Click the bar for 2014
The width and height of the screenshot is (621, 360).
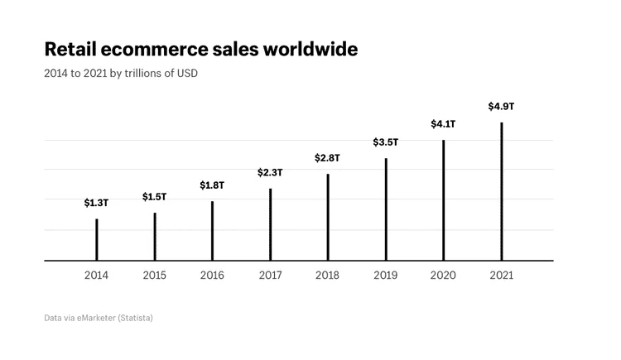point(96,240)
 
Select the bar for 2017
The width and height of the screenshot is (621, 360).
point(270,224)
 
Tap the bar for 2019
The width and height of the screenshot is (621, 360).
point(385,209)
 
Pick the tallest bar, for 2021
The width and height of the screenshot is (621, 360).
point(501,191)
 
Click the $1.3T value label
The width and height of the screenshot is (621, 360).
point(96,203)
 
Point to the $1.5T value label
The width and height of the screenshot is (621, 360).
point(154,196)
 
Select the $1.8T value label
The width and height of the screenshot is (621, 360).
point(212,185)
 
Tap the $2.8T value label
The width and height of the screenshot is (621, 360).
point(327,157)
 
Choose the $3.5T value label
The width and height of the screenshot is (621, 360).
point(385,142)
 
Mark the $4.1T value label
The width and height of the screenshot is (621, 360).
point(443,124)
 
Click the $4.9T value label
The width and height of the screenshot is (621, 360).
point(501,106)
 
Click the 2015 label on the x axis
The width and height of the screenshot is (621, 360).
point(154,276)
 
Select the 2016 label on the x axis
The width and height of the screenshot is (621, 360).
point(212,276)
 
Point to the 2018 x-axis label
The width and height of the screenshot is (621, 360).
point(327,276)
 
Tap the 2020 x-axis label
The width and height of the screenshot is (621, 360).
point(443,276)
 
